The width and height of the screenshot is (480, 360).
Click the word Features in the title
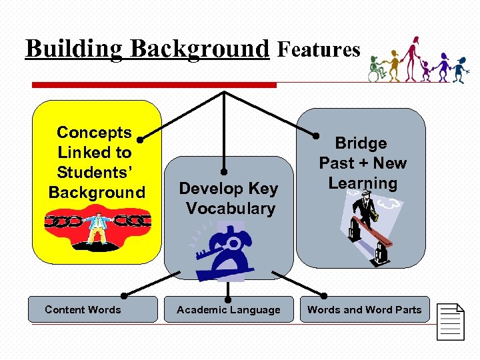(x=319, y=49)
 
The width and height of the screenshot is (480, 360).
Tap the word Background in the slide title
(x=199, y=49)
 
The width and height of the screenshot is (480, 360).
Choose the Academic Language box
(x=228, y=309)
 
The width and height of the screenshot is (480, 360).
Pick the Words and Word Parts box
(x=364, y=309)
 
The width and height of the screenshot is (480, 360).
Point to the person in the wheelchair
(x=377, y=70)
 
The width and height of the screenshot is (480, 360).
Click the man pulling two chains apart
(x=97, y=227)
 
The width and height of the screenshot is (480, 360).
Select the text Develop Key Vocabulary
(x=228, y=199)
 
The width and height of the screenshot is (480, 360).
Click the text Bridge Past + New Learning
(x=362, y=163)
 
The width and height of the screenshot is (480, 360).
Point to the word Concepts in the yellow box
(x=95, y=133)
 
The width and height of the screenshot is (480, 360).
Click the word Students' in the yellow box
(x=95, y=173)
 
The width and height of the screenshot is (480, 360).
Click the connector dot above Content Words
(x=124, y=294)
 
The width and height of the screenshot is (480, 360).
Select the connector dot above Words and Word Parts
(x=325, y=294)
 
